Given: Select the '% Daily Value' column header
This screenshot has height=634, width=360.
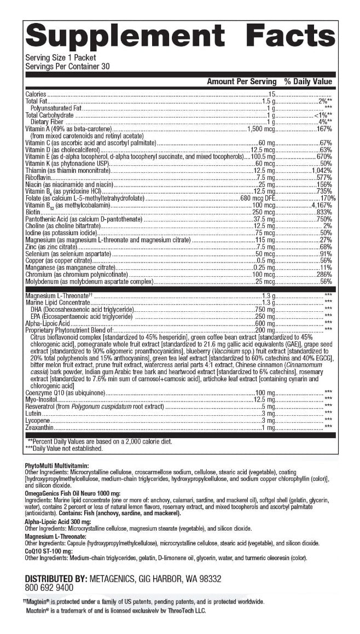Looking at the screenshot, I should coord(308,82).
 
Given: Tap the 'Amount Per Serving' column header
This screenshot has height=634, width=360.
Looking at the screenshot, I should coord(241,82).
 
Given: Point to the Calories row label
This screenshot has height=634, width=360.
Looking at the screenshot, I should coord(36,95).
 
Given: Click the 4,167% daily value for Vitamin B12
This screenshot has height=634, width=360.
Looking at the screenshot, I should coord(321,205).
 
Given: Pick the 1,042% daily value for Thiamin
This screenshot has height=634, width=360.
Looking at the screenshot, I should coord(322,170).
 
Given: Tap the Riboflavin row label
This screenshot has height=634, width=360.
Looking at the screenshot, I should coord(38,177).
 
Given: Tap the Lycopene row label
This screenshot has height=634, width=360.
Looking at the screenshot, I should coord(37,420).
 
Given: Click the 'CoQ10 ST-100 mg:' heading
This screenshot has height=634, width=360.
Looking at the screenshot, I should coord(49,551).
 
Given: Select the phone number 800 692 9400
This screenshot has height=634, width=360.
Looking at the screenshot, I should coord(49,588).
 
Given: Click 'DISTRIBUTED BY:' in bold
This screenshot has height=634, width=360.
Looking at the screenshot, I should coord(56,578).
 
